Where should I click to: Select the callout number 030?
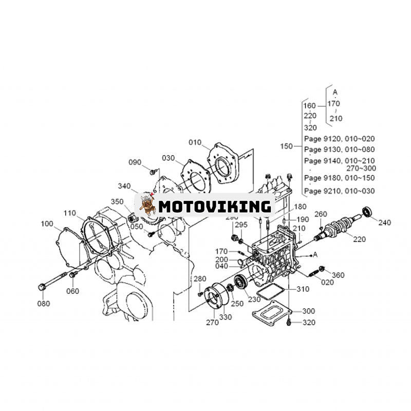pyautogui.click(x=169, y=158)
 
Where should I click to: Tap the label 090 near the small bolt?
pyautogui.click(x=135, y=162)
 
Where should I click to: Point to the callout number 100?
pyautogui.click(x=47, y=223)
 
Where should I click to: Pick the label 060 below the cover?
pyautogui.click(x=73, y=292)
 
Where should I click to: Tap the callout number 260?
pyautogui.click(x=335, y=214)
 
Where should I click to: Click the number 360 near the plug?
pyautogui.click(x=338, y=275)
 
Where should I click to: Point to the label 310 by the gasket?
pyautogui.click(x=303, y=289)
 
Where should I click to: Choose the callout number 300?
pyautogui.click(x=309, y=311)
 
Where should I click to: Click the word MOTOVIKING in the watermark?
pyautogui.click(x=214, y=207)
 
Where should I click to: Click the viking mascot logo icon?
pyautogui.click(x=146, y=206)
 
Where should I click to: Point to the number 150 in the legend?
pyautogui.click(x=286, y=146)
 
